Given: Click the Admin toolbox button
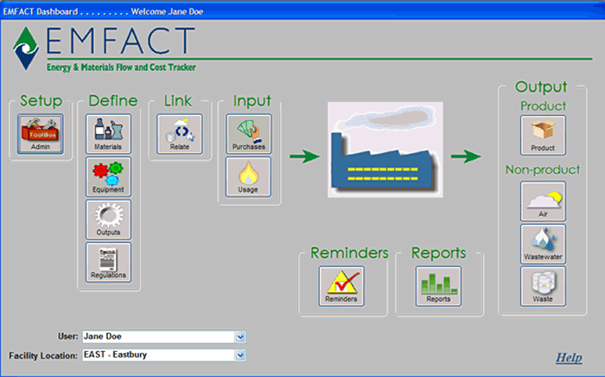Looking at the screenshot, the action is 40,134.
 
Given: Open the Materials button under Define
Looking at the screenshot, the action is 108,134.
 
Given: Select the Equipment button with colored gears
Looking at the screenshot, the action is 108,176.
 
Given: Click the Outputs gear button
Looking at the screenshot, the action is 108,220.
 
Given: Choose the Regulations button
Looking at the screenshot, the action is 108,262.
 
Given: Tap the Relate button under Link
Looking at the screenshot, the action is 180,134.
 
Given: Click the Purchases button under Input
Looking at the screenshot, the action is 249,134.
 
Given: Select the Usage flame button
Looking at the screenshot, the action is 249,176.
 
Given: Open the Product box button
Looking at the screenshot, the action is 543,136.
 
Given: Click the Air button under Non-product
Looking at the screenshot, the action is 543,201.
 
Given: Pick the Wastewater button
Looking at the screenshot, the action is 543,244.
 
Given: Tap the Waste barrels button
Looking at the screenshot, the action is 543,286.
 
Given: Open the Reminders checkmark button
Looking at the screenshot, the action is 341,286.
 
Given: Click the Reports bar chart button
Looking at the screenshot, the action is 438,286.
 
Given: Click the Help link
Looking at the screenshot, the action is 569,358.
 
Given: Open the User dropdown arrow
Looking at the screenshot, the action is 240,337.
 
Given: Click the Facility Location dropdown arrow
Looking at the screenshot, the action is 240,355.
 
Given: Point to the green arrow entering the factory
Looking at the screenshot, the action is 305,157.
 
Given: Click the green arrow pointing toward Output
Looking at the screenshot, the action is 466,157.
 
